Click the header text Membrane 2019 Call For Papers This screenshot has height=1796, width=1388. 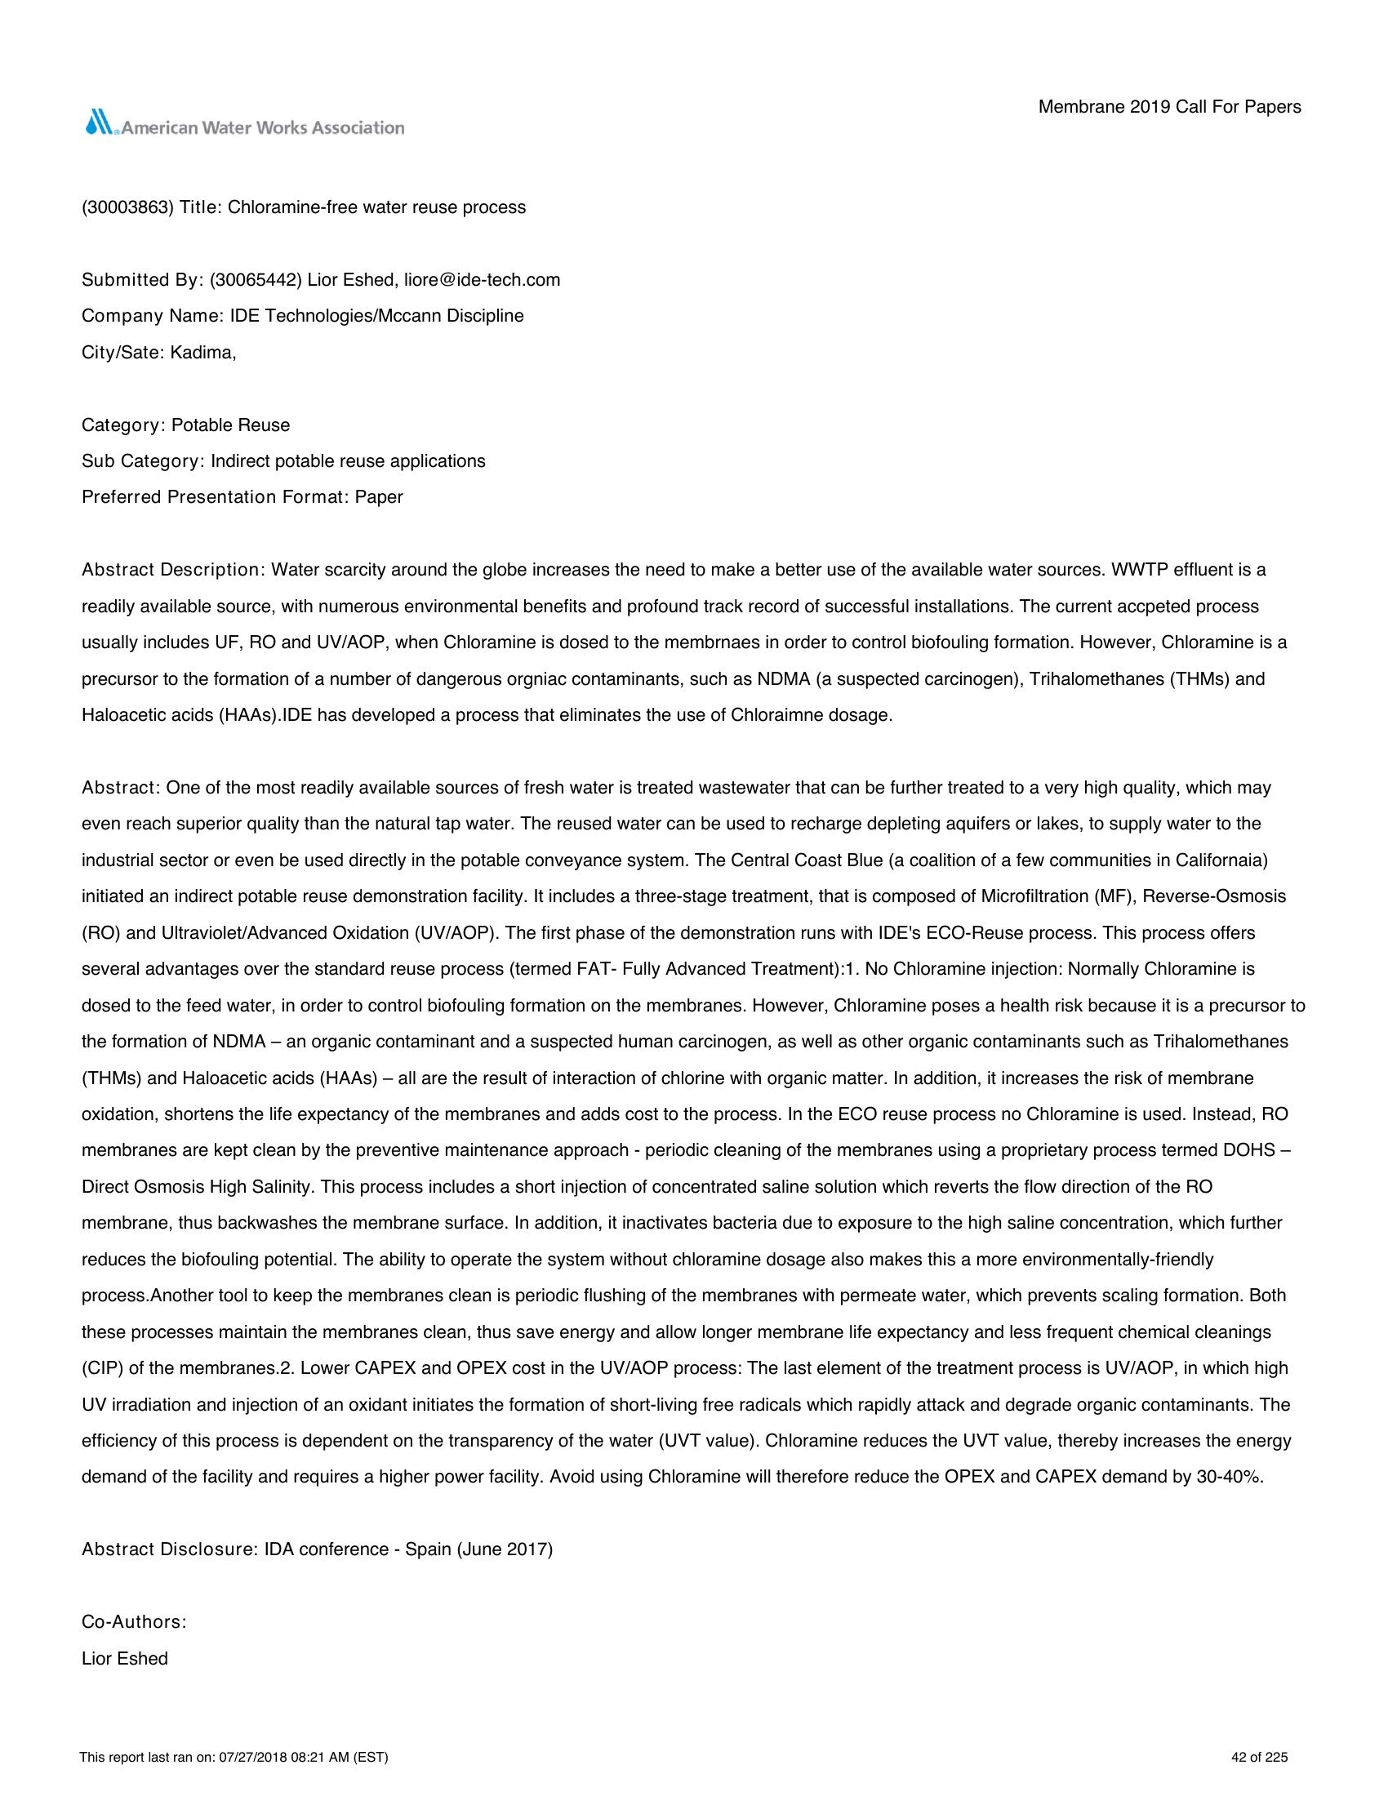(x=1169, y=107)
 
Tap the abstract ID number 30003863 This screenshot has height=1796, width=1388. (x=127, y=207)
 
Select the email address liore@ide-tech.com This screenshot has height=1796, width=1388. (x=482, y=279)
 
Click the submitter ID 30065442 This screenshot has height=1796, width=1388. (x=256, y=279)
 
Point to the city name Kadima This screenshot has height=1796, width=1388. (x=202, y=352)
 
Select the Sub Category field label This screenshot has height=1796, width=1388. (x=140, y=460)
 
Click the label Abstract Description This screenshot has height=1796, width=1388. (x=170, y=570)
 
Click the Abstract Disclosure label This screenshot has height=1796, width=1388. (x=168, y=1549)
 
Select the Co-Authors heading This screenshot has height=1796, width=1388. (x=134, y=1622)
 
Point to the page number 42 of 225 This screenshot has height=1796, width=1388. (x=1259, y=1758)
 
